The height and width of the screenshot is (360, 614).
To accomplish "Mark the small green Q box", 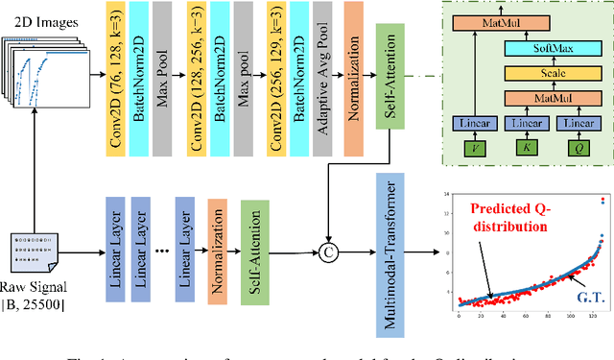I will pos(577,149).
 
